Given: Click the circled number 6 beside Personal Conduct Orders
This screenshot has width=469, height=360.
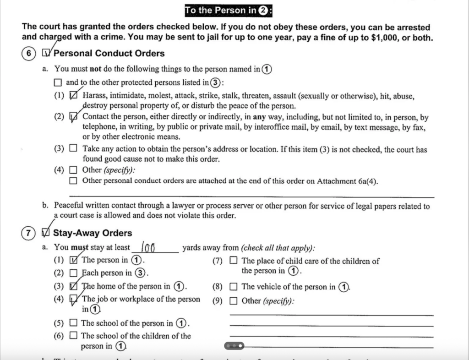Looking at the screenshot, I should pos(28,54).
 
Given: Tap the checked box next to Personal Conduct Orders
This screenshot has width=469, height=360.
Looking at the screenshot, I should pos(46,54).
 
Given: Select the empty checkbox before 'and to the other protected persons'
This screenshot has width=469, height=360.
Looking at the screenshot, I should pos(57,83).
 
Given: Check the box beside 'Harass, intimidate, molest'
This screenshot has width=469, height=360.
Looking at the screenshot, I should pos(73,96).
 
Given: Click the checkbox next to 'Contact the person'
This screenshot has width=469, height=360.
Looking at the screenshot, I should pos(73,117).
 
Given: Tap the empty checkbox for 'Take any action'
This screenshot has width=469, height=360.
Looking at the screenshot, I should pos(73,149).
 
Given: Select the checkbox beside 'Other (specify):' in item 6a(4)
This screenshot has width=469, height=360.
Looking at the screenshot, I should pos(73,170).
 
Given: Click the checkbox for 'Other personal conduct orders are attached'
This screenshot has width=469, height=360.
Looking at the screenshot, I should pos(73,180).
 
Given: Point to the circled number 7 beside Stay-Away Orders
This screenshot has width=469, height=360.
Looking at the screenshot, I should pos(28,233).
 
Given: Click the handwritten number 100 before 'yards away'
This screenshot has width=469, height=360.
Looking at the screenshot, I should pos(149,248).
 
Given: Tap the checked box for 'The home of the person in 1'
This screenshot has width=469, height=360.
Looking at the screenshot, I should pos(73,287).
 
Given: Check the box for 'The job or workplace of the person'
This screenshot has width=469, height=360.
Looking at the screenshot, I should pos(73,300).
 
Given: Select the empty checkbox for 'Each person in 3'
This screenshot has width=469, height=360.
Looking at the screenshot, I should pos(73,273).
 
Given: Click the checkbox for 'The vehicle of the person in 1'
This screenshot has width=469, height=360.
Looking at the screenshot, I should pos(234,287).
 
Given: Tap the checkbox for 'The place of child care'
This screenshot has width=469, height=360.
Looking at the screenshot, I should pos(234,261).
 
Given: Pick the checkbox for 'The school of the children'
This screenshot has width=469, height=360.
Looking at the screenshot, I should pos(73,336).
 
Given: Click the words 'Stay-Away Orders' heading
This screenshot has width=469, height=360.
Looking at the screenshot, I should pos(93,233).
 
